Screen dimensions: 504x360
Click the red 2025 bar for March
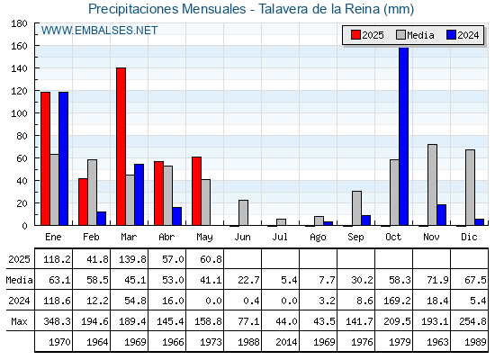pyautogui.click(x=121, y=146)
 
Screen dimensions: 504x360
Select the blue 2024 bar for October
pyautogui.click(x=404, y=136)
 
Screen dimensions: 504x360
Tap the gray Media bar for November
pyautogui.click(x=432, y=184)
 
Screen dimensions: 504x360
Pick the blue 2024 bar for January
pyautogui.click(x=63, y=158)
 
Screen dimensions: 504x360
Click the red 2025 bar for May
pyautogui.click(x=197, y=191)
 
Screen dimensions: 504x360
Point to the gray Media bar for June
pyautogui.click(x=243, y=212)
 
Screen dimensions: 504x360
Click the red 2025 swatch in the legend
pyautogui.click(x=355, y=35)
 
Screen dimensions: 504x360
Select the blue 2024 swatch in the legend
pyautogui.click(x=451, y=35)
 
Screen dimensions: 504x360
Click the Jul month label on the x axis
pyautogui.click(x=280, y=237)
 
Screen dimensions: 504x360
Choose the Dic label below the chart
pyautogui.click(x=469, y=237)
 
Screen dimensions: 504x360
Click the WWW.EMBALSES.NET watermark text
pyautogui.click(x=99, y=31)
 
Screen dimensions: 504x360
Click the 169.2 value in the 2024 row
pyautogui.click(x=397, y=301)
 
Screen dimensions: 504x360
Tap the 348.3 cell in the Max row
pyautogui.click(x=57, y=321)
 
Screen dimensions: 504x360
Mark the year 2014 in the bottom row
pyautogui.click(x=286, y=342)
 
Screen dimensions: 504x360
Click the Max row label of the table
pyautogui.click(x=19, y=321)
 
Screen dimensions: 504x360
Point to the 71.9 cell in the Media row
pyautogui.click(x=437, y=280)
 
